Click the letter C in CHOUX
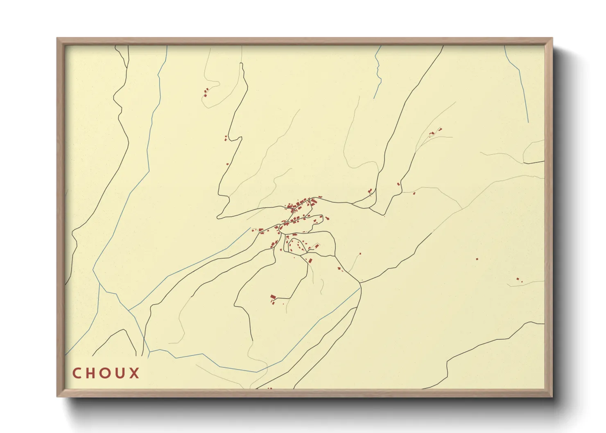pos(77,373)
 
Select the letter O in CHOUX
pos(106,373)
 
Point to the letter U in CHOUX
pos(121,373)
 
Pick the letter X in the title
pos(134,373)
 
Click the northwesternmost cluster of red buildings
pos(206,92)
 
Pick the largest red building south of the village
pos(273,297)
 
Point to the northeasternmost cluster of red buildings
pos(434,132)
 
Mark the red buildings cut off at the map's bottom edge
pos(269,388)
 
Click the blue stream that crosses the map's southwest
pos(205,360)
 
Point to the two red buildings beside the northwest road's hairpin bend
pos(226,138)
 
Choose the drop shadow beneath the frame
pos(311,409)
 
